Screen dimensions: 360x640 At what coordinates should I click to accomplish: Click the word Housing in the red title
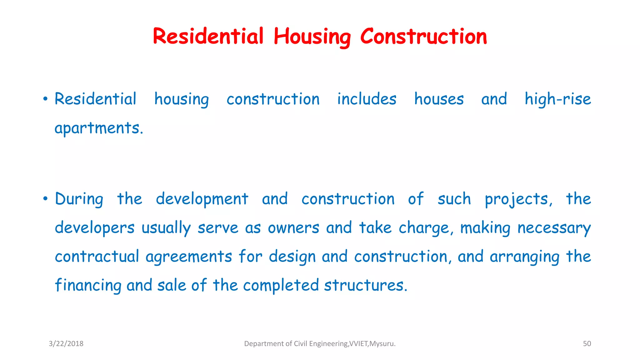pos(312,37)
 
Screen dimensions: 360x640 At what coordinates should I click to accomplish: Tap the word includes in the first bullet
pos(367,99)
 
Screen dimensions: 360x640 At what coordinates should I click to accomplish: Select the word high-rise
pos(558,99)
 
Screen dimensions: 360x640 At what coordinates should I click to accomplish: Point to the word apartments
pos(99,128)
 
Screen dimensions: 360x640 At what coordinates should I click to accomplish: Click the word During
pos(79,199)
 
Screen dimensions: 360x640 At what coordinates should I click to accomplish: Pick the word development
pos(202,199)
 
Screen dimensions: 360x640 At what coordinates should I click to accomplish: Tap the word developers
pos(95,228)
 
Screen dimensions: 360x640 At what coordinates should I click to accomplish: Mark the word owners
pos(293,228)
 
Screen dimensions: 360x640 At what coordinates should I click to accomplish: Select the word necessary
pos(554,228)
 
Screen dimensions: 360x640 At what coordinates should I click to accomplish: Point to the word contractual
pos(97,257)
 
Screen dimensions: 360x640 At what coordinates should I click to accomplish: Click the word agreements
pos(189,257)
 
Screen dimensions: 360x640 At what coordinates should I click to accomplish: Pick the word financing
pos(88,285)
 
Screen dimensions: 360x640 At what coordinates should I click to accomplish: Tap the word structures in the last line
pos(365,285)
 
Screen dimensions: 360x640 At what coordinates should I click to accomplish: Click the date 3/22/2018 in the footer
pos(66,344)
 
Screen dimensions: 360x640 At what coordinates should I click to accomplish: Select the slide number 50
pos(587,344)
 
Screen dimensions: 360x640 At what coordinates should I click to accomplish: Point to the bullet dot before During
pos(46,199)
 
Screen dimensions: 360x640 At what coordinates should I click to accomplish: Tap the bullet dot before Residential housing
pos(46,99)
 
